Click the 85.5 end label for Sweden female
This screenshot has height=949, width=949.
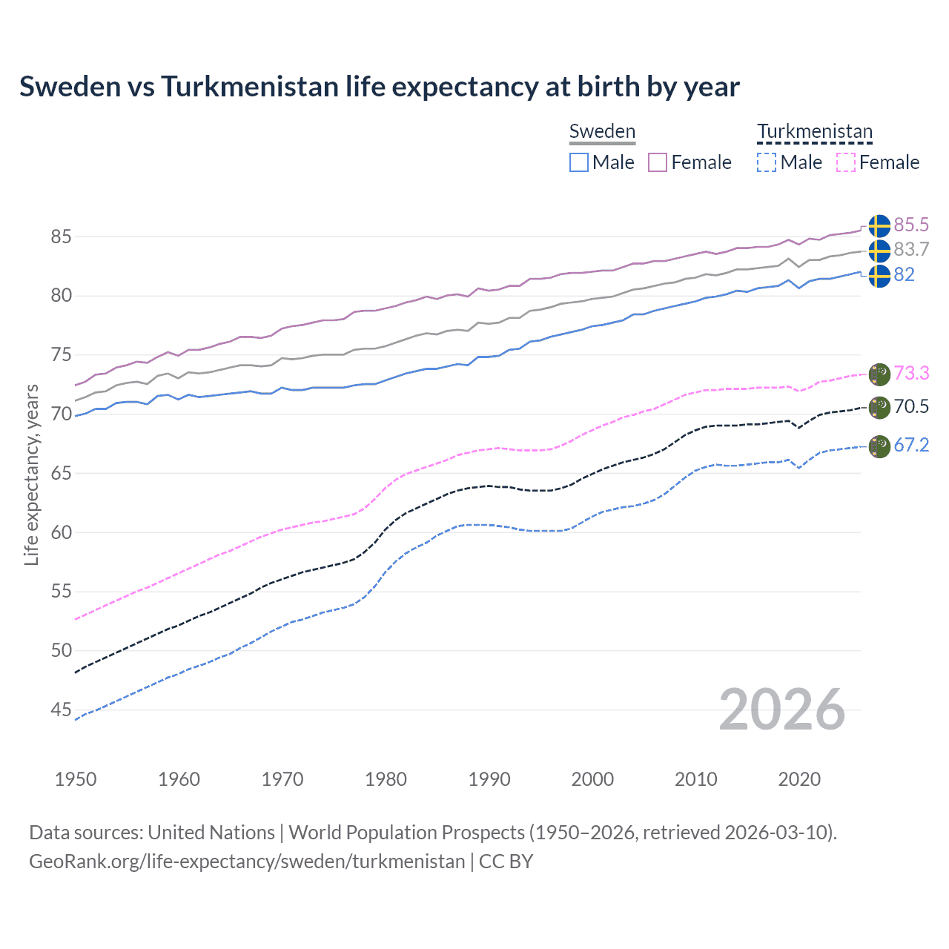coord(911,225)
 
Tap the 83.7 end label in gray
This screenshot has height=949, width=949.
coord(911,249)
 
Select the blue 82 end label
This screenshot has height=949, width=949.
coord(904,274)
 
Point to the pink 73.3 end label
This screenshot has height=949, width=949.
coord(911,372)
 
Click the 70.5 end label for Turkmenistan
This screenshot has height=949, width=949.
coord(911,406)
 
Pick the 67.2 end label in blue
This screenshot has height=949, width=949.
coord(911,445)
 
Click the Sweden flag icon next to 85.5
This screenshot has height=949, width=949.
coord(879,226)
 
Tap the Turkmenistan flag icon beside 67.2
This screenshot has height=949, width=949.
coord(879,446)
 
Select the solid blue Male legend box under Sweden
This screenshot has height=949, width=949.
coord(579,162)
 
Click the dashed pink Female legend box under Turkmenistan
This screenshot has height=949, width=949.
coord(846,162)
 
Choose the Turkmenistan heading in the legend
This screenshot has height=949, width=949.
coord(815,131)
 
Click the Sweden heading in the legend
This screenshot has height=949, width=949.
coord(602,131)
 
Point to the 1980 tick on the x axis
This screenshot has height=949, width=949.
coord(386,779)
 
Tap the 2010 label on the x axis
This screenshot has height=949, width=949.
coord(695,779)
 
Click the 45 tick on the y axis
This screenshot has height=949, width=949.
coord(62,710)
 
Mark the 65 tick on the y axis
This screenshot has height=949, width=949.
coord(62,473)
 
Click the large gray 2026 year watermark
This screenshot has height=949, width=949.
coord(782,710)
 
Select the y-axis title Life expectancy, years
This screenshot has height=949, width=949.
coord(31,474)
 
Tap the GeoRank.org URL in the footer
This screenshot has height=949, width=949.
coord(247,862)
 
